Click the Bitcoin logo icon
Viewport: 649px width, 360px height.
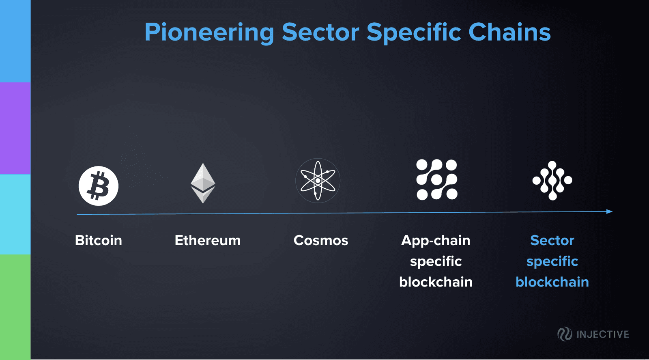coord(99,186)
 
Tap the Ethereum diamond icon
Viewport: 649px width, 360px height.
coord(203,183)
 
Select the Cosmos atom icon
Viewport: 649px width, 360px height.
coord(318,181)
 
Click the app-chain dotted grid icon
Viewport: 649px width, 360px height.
coord(436,179)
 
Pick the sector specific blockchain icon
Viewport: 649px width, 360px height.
coord(552,180)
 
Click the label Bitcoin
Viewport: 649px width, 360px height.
coord(99,240)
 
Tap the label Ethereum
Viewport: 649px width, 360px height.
coord(207,240)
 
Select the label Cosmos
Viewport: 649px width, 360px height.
coord(321,240)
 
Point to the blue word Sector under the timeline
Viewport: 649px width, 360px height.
coord(552,240)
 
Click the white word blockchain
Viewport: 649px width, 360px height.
coord(436,282)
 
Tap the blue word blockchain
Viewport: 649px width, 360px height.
coord(552,282)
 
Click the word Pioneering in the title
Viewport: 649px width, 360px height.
coord(209,33)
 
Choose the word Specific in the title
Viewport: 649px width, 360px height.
coord(414,33)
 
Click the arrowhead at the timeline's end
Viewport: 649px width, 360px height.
coord(610,211)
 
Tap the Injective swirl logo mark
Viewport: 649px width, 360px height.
coord(565,334)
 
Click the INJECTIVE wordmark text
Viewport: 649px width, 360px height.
coord(603,334)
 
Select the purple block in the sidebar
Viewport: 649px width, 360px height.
coord(15,128)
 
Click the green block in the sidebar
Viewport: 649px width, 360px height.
coord(15,307)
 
